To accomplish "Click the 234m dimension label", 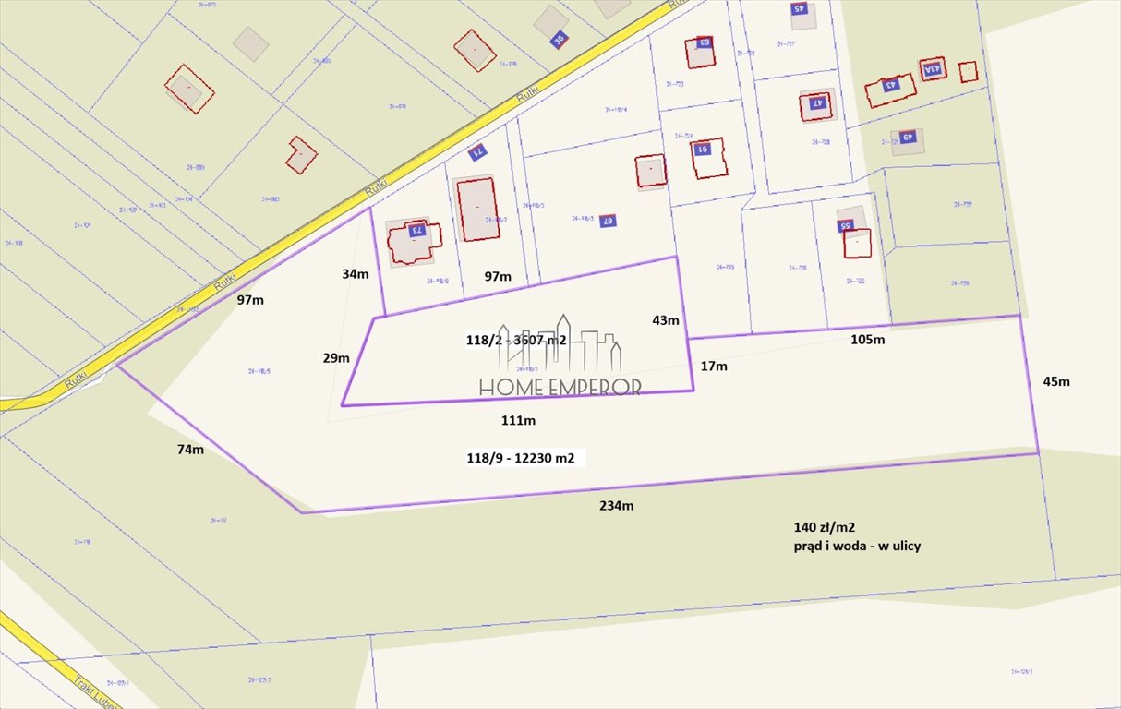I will point(617,505).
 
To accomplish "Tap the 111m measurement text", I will point(519,420).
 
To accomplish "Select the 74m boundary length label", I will point(191,450).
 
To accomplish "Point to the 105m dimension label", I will point(867,339).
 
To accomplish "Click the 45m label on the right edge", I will point(1055,381).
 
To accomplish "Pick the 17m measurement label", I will point(714,366).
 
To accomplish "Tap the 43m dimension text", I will point(665,320).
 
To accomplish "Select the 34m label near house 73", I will point(355,273).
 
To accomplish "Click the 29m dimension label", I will point(335,357).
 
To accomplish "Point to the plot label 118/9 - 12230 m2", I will point(525,457).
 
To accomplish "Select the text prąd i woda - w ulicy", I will point(857,546).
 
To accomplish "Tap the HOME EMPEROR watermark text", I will point(560,388).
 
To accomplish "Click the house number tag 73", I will point(416,230).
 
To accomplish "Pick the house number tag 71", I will point(477,152).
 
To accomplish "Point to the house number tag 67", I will point(607,220).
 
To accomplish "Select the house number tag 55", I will point(844,225).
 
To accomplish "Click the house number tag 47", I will point(816,103).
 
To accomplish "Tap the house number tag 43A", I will point(933,68).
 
